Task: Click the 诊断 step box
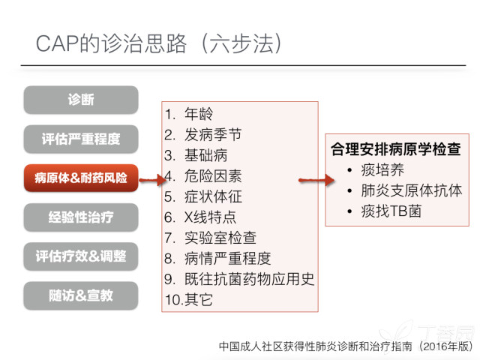81,100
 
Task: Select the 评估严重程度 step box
81,139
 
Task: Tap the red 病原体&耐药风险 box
81,178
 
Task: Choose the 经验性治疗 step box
81,217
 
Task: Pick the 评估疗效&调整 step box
81,256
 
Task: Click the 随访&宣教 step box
81,295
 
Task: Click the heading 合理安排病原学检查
396,149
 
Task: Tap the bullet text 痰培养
382,170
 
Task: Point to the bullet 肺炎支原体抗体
412,190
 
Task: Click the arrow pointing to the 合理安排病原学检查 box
316,180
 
